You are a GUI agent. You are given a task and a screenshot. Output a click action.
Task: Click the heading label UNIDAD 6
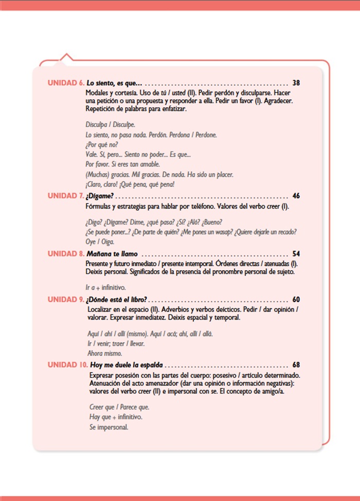tap(66, 83)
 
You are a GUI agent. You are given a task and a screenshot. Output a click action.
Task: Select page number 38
tap(296, 83)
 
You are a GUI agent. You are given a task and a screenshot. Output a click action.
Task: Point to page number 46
tap(296, 196)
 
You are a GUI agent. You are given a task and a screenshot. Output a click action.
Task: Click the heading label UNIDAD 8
tap(66, 254)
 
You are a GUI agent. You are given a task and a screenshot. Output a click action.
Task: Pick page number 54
tap(296, 254)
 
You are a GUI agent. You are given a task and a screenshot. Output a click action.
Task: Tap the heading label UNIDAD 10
tap(68, 365)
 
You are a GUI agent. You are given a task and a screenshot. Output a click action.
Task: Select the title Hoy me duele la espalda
tap(127, 365)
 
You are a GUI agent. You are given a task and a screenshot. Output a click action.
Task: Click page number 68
tap(296, 365)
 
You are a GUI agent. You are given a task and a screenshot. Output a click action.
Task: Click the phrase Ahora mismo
tap(105, 354)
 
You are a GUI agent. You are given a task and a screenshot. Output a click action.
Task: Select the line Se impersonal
tap(109, 427)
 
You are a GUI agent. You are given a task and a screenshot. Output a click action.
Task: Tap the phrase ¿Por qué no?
tap(102, 144)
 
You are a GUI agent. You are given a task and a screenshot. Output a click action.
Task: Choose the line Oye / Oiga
tap(100, 242)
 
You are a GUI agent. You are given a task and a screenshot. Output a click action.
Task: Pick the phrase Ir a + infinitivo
tap(105, 287)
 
